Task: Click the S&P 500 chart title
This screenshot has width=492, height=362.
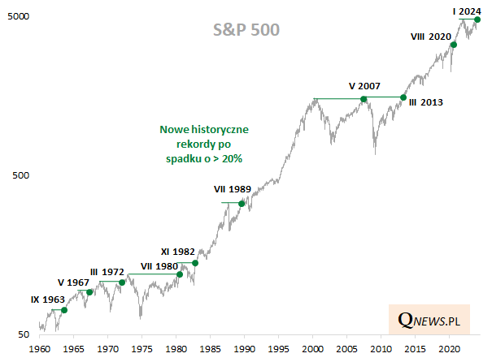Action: click(x=246, y=31)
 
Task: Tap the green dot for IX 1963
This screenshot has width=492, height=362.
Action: click(x=64, y=310)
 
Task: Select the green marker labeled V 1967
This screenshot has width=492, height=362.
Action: click(x=89, y=292)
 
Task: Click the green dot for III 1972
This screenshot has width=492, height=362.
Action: click(x=122, y=282)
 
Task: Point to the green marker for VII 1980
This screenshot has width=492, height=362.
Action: click(x=180, y=274)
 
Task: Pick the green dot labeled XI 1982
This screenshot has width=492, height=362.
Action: click(x=195, y=263)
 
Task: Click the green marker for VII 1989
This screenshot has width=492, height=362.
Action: click(x=242, y=203)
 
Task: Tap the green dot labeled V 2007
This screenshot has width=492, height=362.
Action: click(x=364, y=99)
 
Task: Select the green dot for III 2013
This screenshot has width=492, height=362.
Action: click(x=403, y=97)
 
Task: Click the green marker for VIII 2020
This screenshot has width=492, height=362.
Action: click(x=454, y=45)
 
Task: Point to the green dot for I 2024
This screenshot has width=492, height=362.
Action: click(x=477, y=19)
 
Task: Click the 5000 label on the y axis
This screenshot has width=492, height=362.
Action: click(x=20, y=16)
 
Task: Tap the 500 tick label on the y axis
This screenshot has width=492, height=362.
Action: click(x=22, y=175)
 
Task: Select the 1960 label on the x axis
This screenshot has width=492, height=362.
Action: click(x=38, y=349)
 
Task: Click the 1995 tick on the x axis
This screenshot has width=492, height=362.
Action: click(x=279, y=349)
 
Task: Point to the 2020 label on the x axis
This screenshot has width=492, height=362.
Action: click(x=450, y=349)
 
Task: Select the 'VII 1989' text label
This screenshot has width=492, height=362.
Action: click(x=232, y=188)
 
